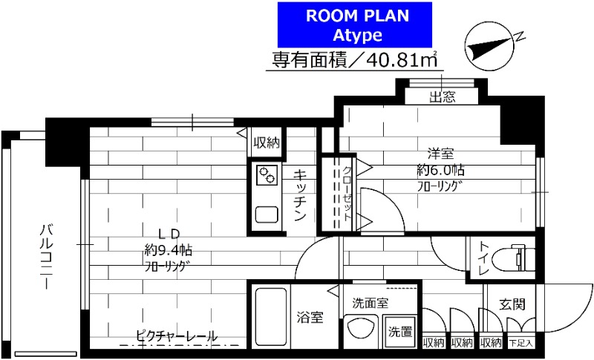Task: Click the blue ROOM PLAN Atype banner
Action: tap(355, 24)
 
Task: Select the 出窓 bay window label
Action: tap(443, 96)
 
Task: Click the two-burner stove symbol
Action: tap(266, 175)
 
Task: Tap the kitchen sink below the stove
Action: tap(266, 214)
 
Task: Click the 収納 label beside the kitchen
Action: tap(266, 143)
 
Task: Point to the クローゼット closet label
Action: tap(347, 192)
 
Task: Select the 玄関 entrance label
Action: tap(511, 304)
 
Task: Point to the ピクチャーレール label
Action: tap(177, 336)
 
